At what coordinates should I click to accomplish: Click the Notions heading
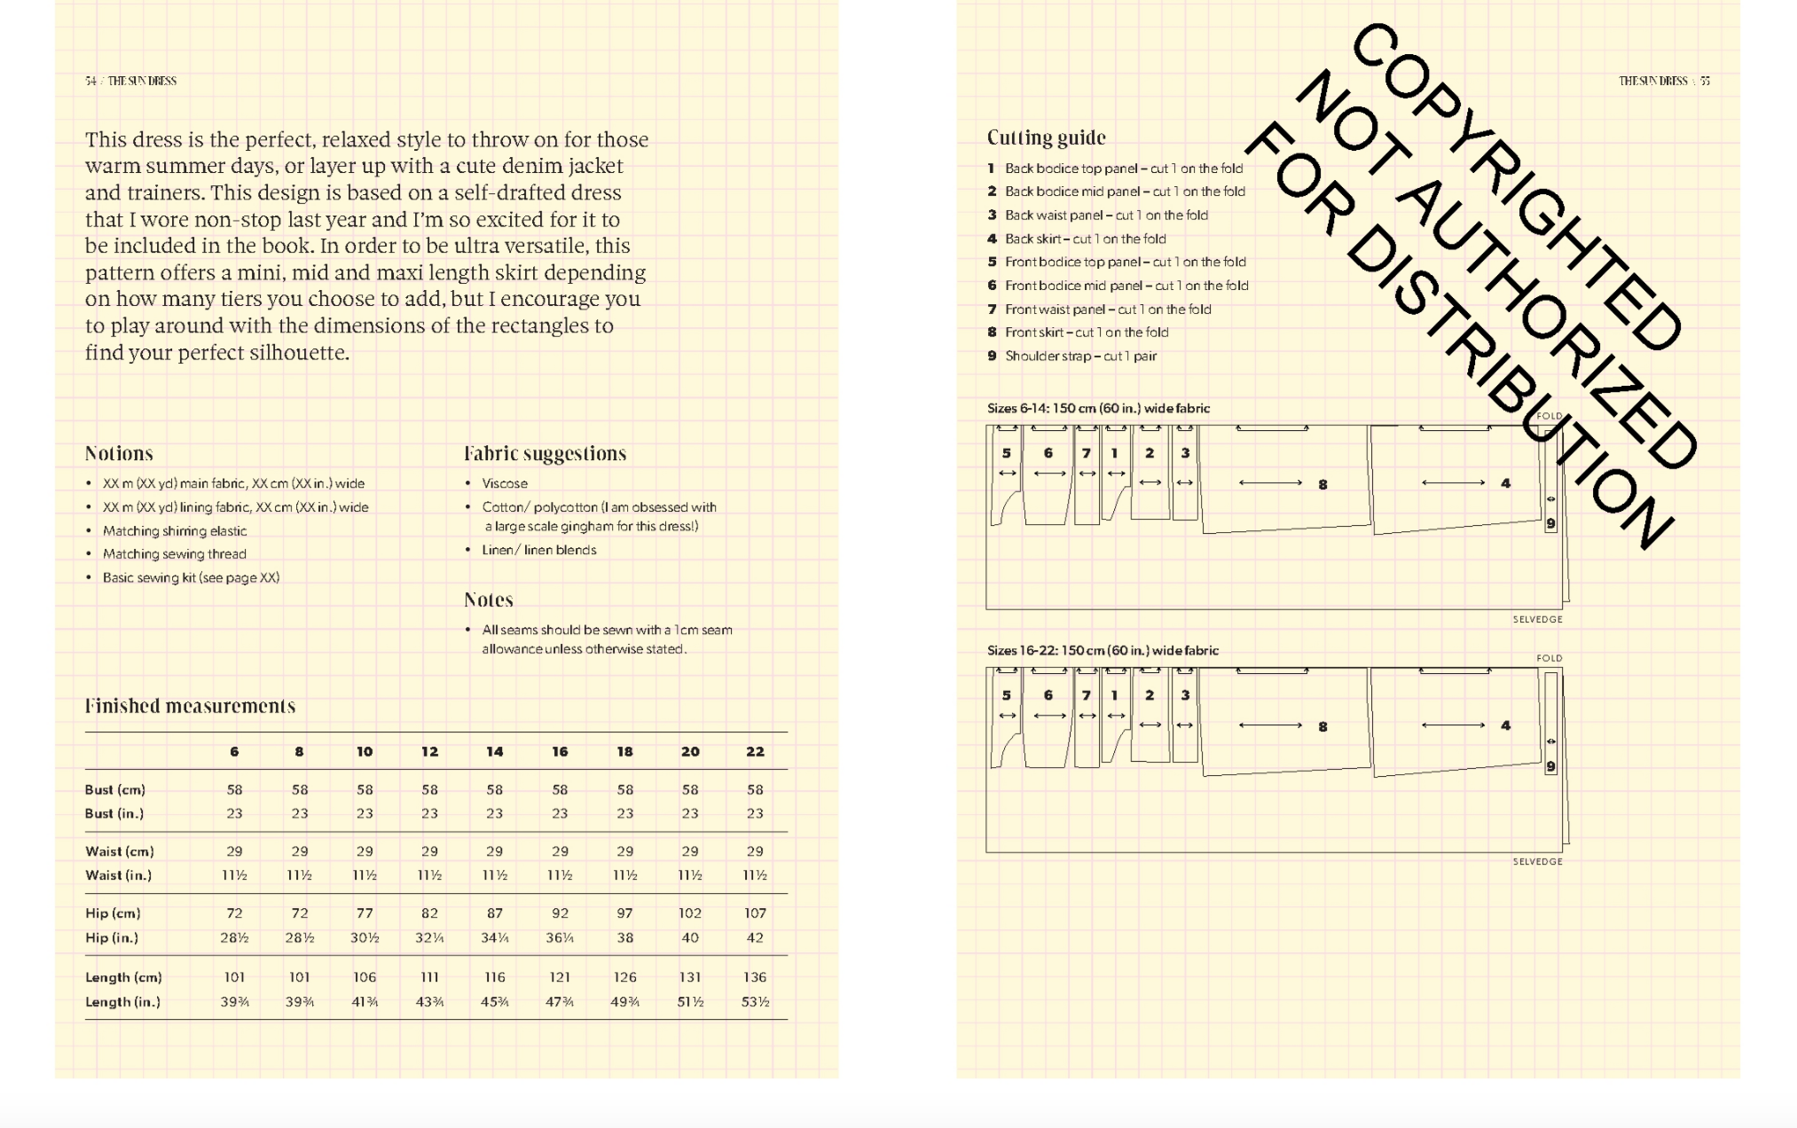coord(119,454)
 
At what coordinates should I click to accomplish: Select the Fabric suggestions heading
coord(545,454)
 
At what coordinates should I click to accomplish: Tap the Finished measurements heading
coord(190,707)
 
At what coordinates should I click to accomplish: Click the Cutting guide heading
coord(1046,137)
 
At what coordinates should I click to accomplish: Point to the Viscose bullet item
coord(505,483)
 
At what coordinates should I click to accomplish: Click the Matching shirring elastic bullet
coord(175,530)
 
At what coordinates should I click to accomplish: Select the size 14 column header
coord(494,752)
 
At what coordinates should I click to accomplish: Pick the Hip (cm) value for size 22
coord(755,913)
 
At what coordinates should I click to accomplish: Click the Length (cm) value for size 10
coord(365,977)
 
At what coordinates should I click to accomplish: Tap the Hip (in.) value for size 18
coord(624,937)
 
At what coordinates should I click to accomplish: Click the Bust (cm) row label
coord(115,789)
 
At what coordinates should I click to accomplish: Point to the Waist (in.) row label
coord(118,875)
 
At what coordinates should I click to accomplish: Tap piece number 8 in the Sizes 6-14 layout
coord(1322,484)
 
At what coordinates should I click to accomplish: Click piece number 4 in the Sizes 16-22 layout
coord(1505,725)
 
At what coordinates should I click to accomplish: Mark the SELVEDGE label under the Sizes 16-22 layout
coord(1537,861)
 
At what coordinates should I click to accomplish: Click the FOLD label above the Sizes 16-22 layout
coord(1550,658)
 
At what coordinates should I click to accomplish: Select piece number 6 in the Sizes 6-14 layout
coord(1048,453)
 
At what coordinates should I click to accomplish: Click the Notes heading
coord(489,600)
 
